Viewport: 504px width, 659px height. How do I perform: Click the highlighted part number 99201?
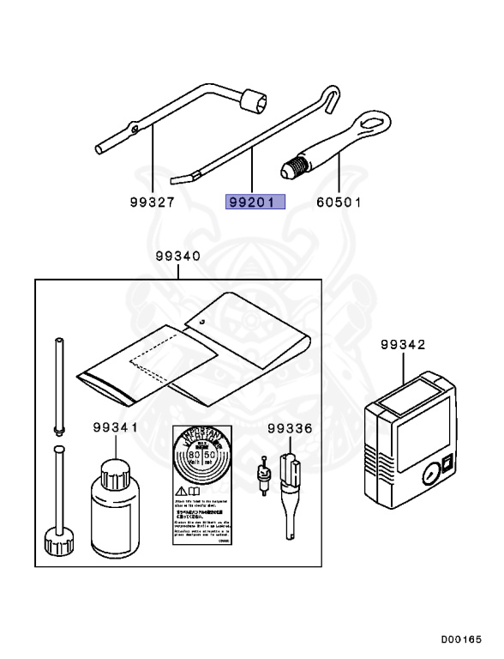(255, 203)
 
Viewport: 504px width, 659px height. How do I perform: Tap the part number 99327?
(152, 203)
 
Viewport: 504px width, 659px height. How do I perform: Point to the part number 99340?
(178, 257)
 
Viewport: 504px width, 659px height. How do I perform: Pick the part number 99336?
(289, 427)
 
